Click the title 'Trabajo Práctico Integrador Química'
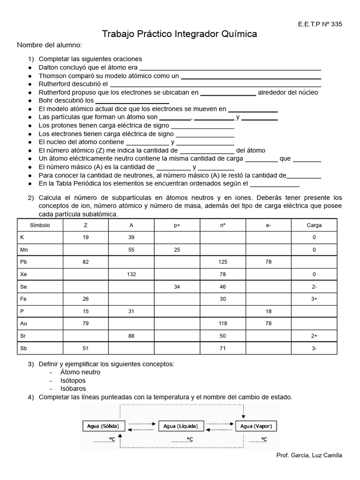(x=180, y=34)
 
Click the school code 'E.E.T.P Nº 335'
(x=316, y=25)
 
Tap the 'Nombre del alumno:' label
(x=50, y=45)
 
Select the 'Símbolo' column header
(x=40, y=225)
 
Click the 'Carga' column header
(x=314, y=225)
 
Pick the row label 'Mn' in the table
(x=24, y=250)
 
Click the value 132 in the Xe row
(x=131, y=274)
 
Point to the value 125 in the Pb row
(x=223, y=262)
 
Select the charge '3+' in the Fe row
(x=314, y=299)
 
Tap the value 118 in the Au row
(x=223, y=323)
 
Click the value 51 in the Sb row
(x=85, y=348)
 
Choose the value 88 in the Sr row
(x=131, y=336)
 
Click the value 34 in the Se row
(x=177, y=286)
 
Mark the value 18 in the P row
(x=268, y=311)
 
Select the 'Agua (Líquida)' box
(x=181, y=426)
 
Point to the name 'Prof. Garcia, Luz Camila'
(x=309, y=455)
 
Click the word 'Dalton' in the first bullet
(x=49, y=67)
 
